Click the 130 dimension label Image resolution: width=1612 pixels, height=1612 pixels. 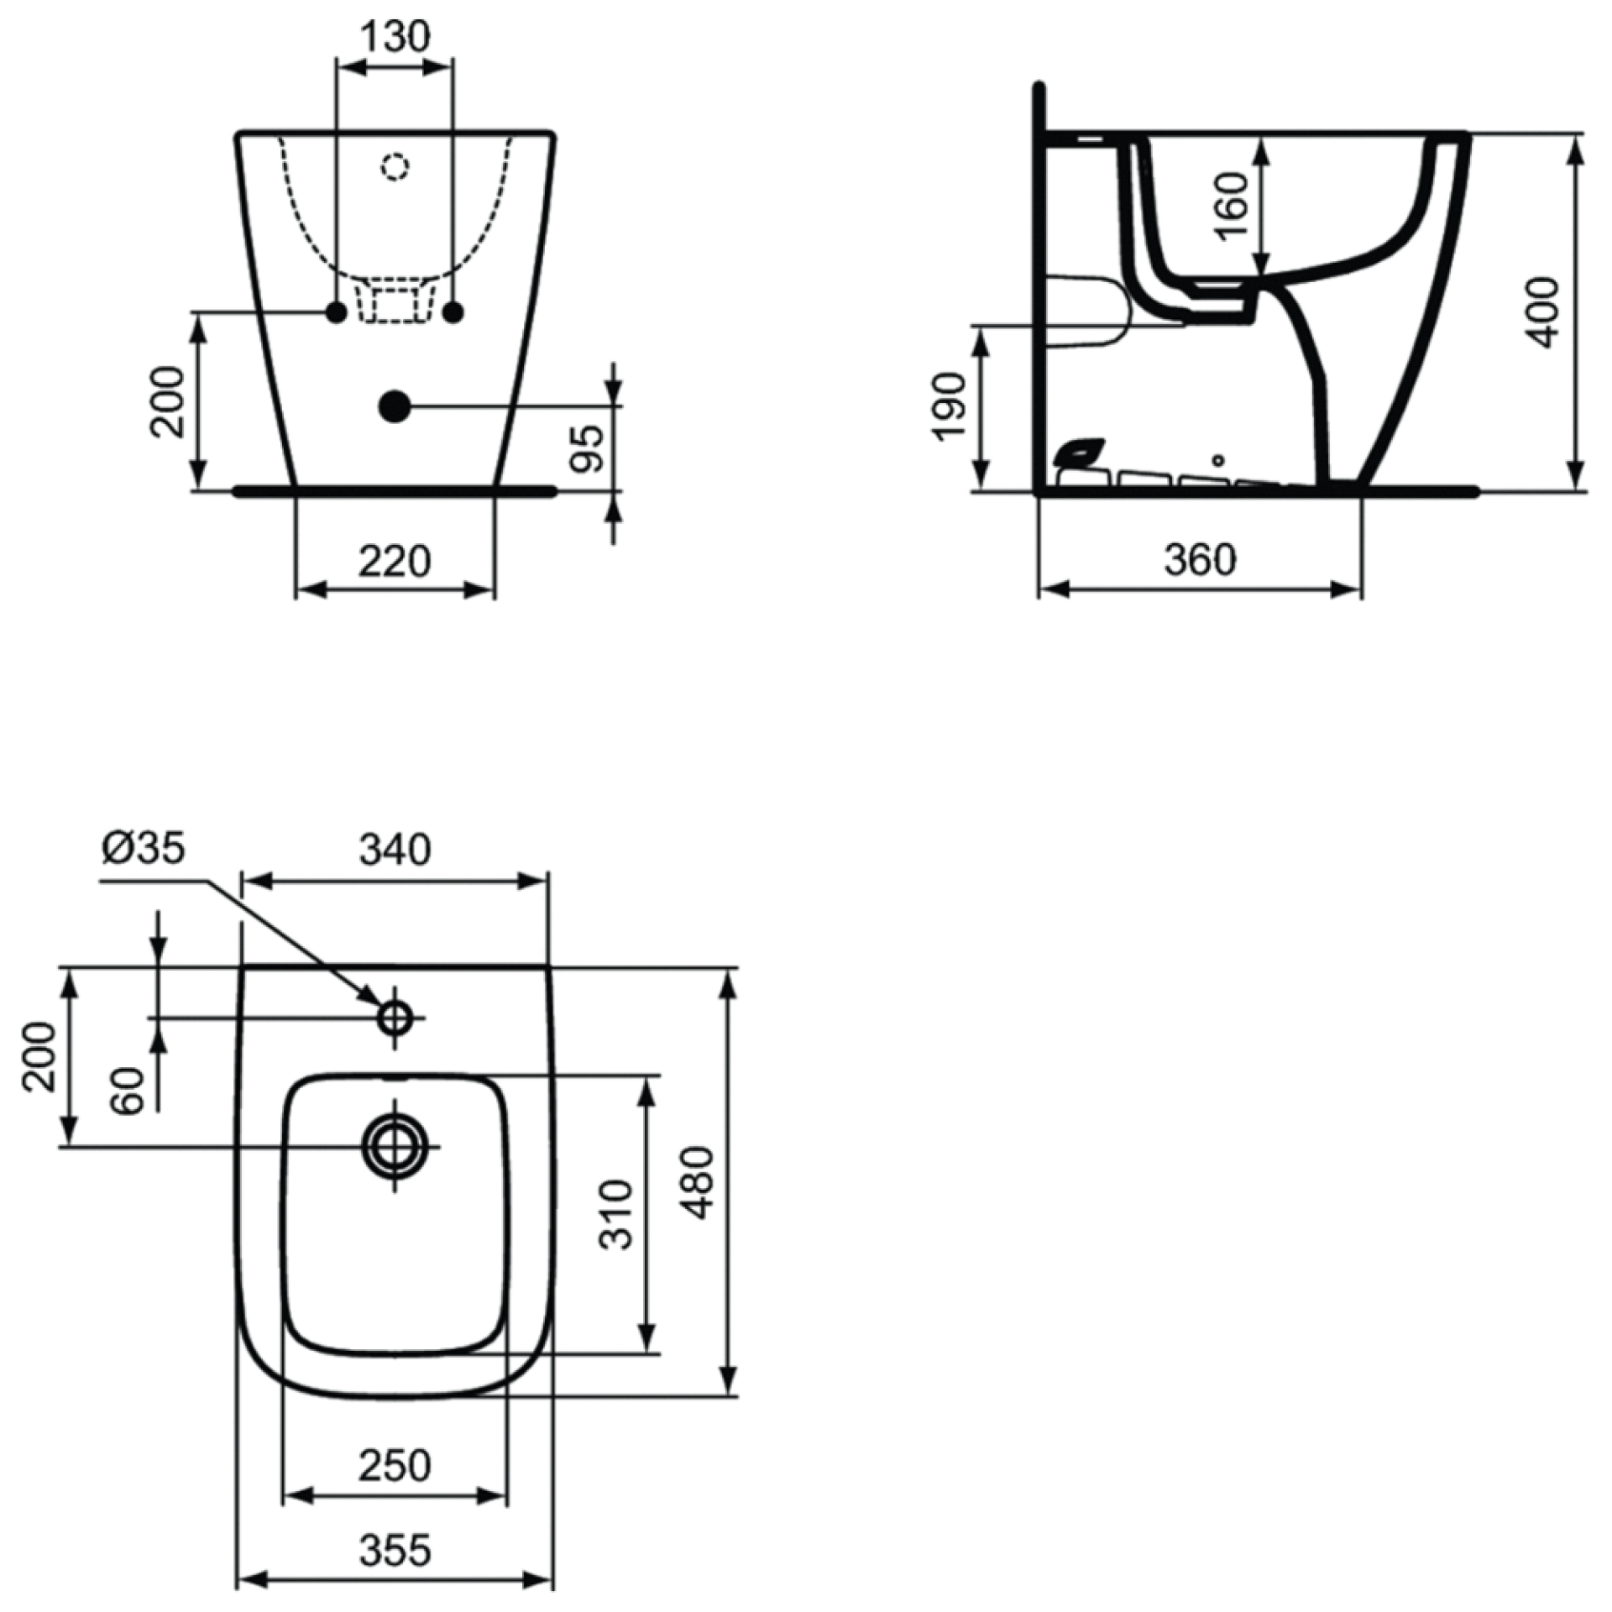click(395, 36)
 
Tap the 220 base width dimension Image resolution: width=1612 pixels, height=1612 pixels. click(395, 561)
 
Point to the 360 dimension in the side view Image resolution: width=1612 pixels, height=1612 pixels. click(1200, 559)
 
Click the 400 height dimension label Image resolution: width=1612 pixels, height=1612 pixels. click(1541, 312)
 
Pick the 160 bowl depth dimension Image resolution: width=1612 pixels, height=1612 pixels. click(1233, 205)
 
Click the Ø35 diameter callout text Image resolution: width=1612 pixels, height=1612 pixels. click(144, 848)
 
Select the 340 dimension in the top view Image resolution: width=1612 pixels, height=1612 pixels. click(395, 850)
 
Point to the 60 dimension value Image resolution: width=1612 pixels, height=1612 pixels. click(128, 1091)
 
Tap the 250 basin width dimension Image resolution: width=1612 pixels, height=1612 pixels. click(395, 1466)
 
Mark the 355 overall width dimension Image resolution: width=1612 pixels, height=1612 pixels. click(395, 1550)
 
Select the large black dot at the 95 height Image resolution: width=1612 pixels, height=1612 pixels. click(395, 406)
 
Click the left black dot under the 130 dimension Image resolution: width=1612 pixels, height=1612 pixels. click(336, 313)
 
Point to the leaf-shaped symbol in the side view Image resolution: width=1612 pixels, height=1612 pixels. click(1081, 453)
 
